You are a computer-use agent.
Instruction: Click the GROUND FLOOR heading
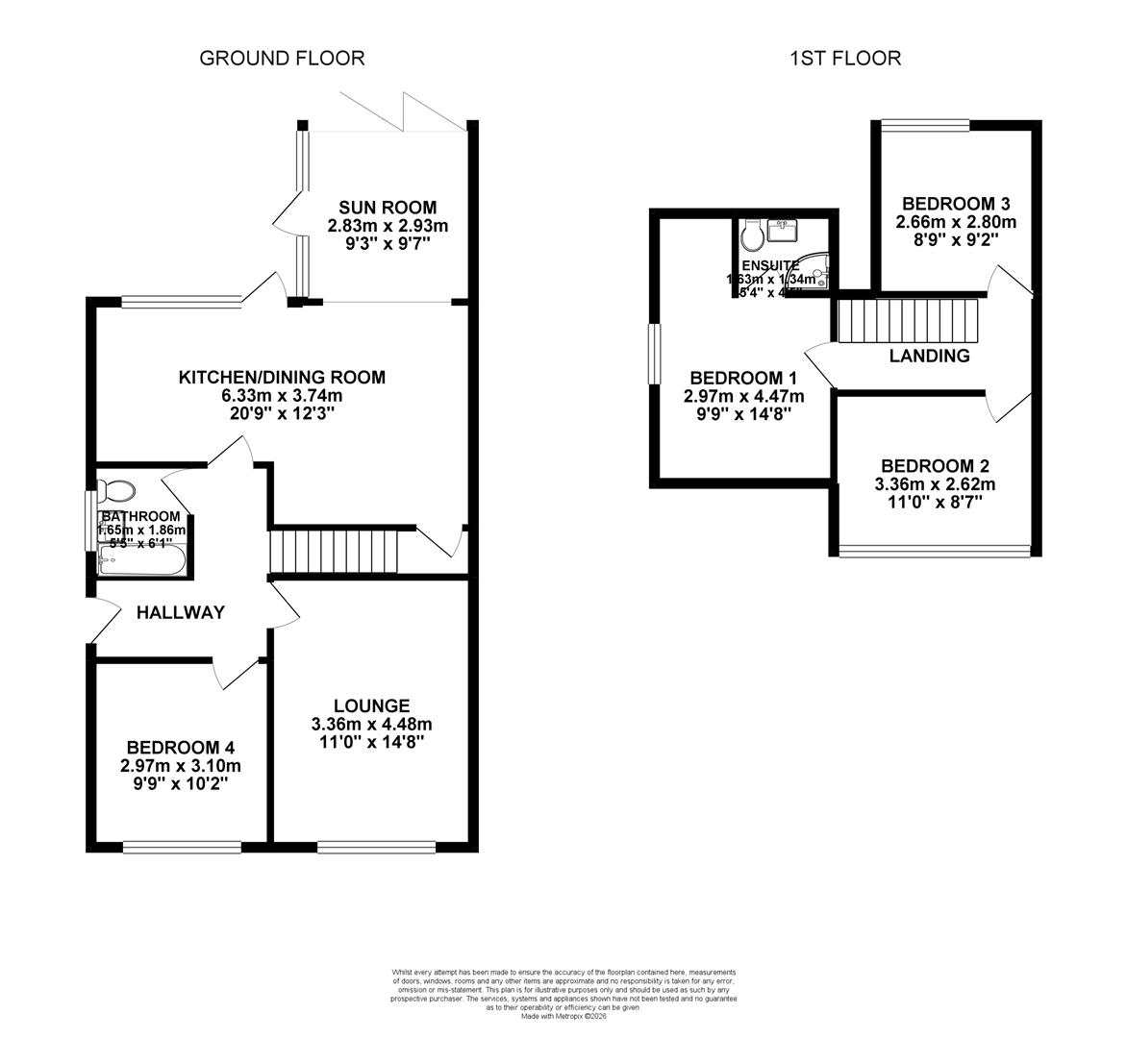click(x=282, y=58)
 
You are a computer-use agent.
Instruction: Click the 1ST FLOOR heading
click(x=845, y=58)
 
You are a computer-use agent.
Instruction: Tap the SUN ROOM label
click(x=388, y=208)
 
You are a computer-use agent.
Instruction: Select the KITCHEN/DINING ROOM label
click(x=282, y=377)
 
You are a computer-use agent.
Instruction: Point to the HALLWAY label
click(x=180, y=612)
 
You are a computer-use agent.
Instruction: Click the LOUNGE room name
click(x=371, y=705)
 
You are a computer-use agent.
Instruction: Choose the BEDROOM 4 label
click(x=181, y=748)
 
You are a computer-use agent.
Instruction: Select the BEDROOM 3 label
click(x=955, y=204)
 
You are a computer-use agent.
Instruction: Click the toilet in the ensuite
click(x=752, y=235)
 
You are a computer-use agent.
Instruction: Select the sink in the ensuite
click(x=782, y=232)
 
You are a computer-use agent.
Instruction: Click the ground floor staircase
click(x=333, y=551)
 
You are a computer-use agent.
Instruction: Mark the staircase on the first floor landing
click(x=907, y=320)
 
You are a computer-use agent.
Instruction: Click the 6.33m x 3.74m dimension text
click(x=282, y=395)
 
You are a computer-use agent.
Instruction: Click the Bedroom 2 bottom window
click(x=935, y=551)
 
